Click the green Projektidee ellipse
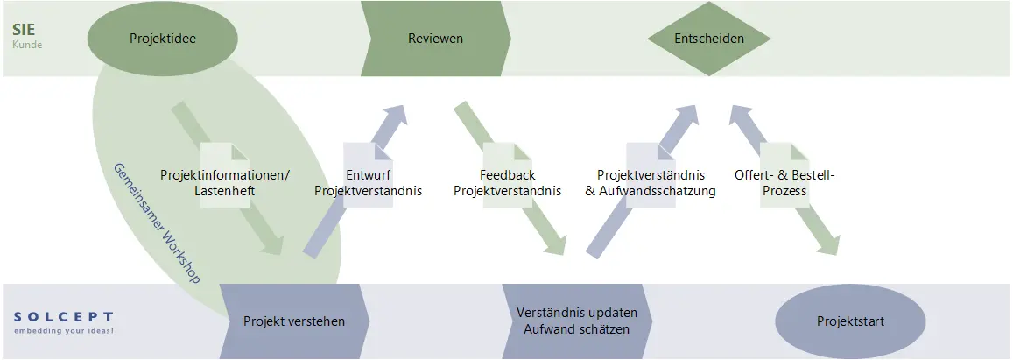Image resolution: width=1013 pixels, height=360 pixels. [162, 39]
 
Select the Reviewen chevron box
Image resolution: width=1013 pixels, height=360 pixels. [435, 39]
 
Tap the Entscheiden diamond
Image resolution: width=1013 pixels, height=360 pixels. [709, 39]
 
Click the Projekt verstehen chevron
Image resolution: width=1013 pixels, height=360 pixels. [293, 321]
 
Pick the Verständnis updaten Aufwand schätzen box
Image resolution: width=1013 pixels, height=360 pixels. [577, 321]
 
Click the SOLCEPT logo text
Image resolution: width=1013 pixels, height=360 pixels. [63, 316]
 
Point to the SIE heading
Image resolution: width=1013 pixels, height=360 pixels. [24, 30]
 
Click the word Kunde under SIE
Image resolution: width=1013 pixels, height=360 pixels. [27, 44]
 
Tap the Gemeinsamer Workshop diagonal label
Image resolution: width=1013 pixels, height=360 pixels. [157, 222]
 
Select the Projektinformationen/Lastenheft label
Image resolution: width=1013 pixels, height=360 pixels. [224, 182]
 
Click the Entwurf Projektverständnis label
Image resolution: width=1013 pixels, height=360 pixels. [368, 182]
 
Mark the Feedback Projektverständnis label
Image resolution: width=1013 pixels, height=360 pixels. [507, 182]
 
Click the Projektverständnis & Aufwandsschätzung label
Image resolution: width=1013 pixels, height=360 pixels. [650, 182]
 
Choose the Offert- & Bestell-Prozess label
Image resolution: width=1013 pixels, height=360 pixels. [784, 182]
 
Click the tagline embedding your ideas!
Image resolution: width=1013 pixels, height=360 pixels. [63, 331]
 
